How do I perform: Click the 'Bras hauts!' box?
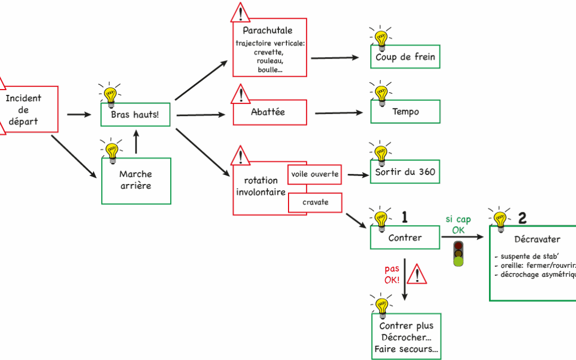point(135,115)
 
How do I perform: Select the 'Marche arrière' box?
point(136,180)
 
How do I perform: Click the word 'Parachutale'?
point(267,30)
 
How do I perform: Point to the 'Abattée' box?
point(269,113)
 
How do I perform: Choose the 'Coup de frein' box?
point(405,57)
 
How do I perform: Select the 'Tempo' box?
point(405,112)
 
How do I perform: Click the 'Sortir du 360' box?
point(405,172)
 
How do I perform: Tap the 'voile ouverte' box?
point(315,174)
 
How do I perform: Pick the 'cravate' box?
point(315,203)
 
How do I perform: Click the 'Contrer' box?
point(405,238)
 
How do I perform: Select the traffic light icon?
point(458,253)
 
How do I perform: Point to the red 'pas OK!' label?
point(392,274)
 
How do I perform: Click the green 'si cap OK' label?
point(458,225)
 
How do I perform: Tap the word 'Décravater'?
point(537,239)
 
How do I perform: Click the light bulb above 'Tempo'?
point(381,94)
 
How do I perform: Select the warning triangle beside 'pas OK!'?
point(417,275)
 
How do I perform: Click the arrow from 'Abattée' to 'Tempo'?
point(338,113)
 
